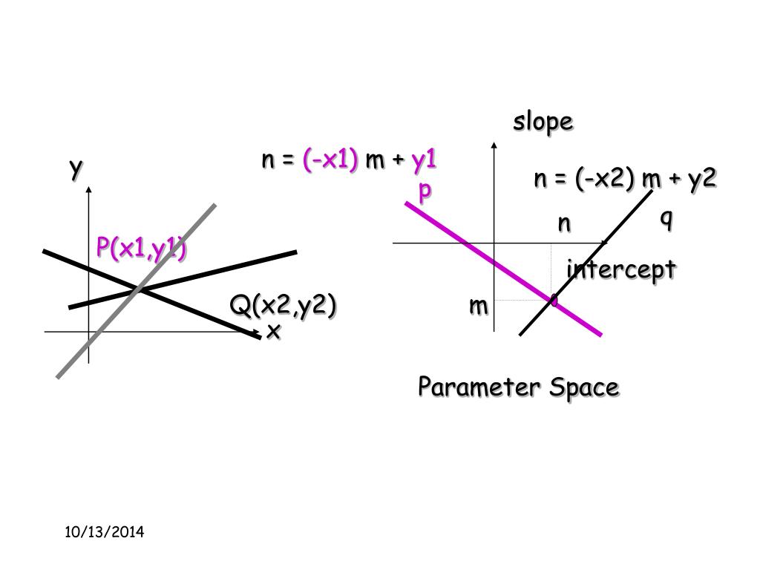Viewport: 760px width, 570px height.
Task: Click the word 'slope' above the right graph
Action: tap(543, 122)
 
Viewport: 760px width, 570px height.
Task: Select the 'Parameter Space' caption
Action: tap(517, 387)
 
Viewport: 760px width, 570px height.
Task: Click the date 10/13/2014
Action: tap(104, 532)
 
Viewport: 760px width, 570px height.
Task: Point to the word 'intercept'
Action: tap(620, 269)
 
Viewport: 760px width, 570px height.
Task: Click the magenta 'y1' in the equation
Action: tap(424, 160)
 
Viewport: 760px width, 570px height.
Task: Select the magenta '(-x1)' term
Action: tap(330, 160)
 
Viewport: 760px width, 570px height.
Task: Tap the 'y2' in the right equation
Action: tap(701, 178)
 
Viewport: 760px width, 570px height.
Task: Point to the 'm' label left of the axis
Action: tap(478, 304)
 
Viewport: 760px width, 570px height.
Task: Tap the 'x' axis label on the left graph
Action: tap(274, 331)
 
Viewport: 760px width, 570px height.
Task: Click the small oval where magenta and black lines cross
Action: tap(553, 300)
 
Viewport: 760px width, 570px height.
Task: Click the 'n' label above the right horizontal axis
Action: tap(565, 223)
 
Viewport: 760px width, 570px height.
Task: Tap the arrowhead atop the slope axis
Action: tap(494, 145)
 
